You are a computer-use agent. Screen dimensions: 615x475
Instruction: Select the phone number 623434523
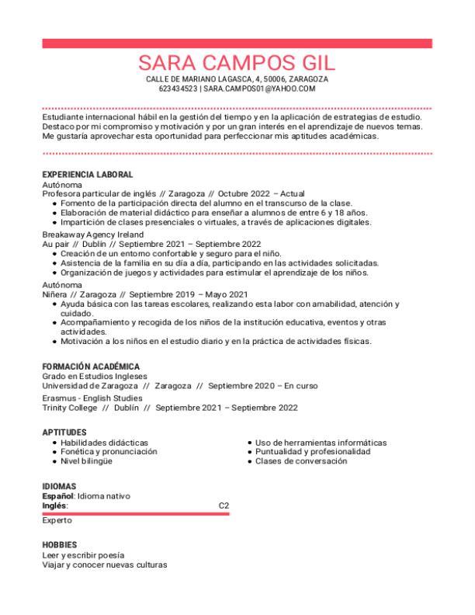pos(177,89)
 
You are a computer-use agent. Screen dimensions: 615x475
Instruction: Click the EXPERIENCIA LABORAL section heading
pos(87,175)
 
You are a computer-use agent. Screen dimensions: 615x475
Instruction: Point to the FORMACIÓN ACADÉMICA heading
pos(91,367)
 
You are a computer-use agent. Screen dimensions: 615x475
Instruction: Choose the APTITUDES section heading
pos(64,433)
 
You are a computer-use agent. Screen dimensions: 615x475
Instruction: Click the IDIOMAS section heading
pos(59,486)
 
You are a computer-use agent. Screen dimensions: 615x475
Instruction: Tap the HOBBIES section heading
pos(59,545)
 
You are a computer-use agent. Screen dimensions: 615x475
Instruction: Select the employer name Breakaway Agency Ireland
pos(92,234)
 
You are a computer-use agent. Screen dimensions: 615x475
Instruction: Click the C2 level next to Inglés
pos(224,506)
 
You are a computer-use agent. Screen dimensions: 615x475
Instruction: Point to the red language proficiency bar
pos(136,513)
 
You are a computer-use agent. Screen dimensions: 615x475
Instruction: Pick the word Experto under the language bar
pos(57,521)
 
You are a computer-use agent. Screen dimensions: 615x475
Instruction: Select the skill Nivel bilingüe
pos(86,461)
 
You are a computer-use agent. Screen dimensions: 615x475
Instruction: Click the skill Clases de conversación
pos(301,461)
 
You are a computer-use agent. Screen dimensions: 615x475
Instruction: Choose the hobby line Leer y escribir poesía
pos(83,555)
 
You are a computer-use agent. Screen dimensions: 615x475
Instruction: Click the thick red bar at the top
pos(237,43)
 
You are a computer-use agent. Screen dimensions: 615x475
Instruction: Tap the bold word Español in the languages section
pos(57,495)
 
